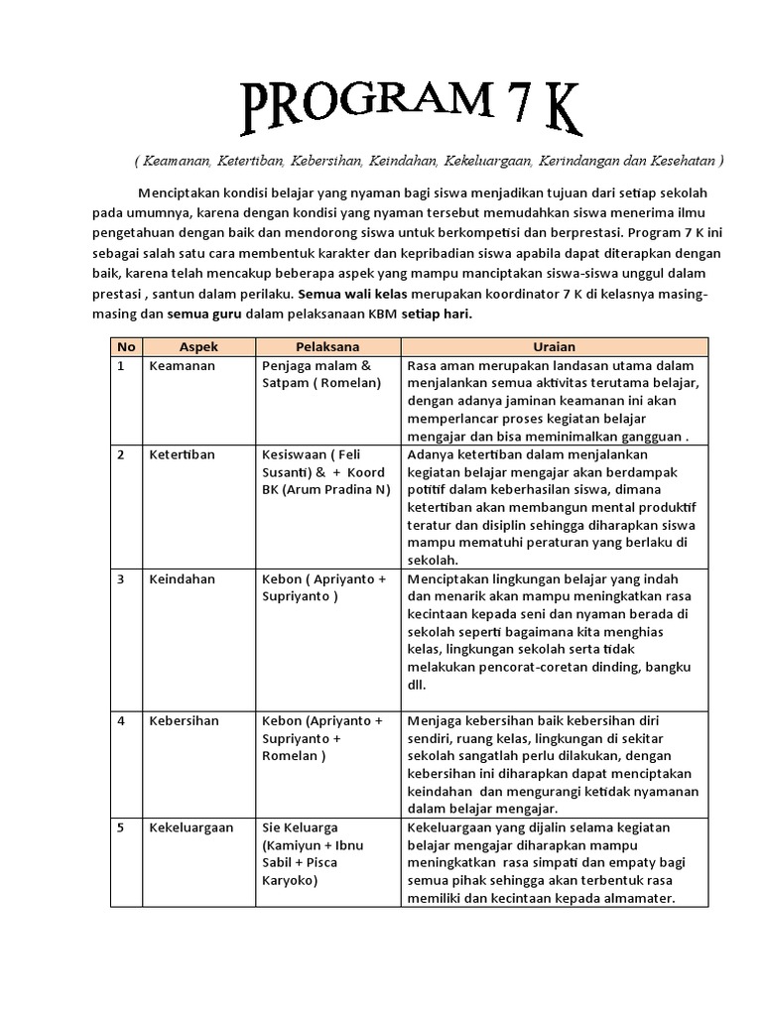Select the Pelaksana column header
327,347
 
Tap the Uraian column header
555,347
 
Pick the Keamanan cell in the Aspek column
182,366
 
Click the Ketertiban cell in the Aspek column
183,454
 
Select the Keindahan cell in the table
183,578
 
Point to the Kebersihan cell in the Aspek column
184,720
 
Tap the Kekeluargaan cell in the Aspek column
191,827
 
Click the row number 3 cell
121,578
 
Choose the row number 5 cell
121,827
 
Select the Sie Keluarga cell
300,827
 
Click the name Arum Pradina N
335,490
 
